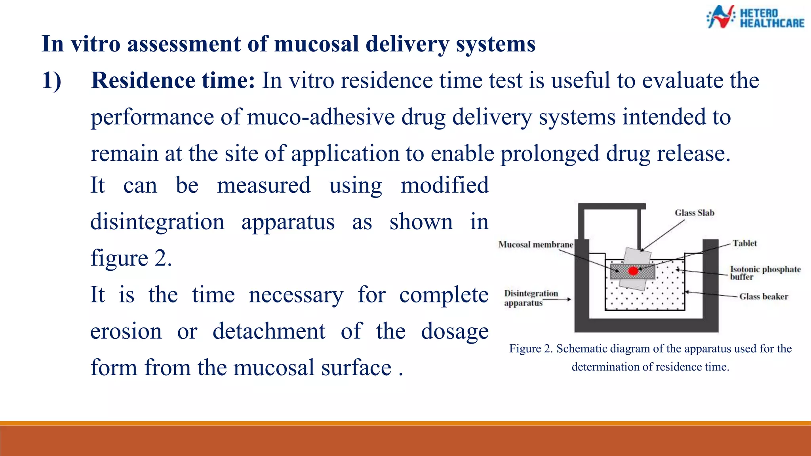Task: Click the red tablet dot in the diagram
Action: pos(633,271)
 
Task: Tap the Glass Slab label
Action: pos(695,213)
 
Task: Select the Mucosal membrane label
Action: pos(535,245)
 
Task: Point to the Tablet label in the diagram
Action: pos(744,243)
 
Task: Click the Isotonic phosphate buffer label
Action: pos(765,273)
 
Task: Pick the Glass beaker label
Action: pos(763,296)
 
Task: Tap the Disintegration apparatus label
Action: pos(531,298)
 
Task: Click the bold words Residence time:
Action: pos(173,80)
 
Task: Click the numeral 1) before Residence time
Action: pos(52,80)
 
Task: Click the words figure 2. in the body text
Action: pos(131,258)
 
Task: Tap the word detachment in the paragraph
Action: pos(269,331)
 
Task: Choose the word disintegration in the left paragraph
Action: pos(157,222)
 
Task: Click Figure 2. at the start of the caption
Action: pos(531,349)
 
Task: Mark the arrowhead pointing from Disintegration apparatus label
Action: pos(569,299)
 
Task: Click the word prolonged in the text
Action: pos(550,154)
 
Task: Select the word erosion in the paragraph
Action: pos(126,331)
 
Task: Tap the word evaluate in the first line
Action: pos(682,80)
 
